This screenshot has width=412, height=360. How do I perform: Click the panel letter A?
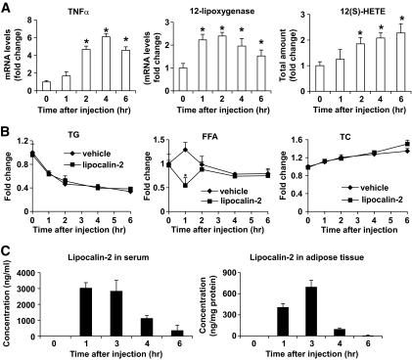(7, 8)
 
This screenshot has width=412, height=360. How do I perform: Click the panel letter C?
(7, 247)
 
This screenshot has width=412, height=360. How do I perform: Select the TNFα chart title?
(85, 12)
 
